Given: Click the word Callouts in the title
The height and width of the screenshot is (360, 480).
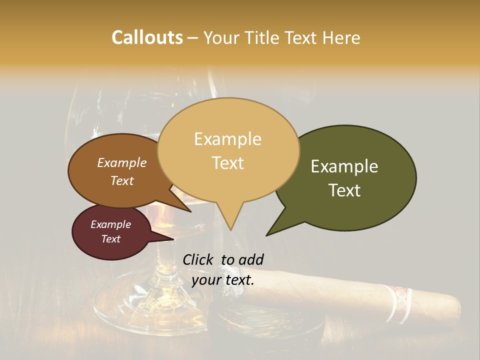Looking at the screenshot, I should tap(147, 37).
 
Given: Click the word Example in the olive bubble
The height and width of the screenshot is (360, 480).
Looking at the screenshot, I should tap(344, 166).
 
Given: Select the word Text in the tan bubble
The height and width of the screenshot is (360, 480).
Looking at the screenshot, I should tap(228, 163).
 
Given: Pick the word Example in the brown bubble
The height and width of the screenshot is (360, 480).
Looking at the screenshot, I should tap(121, 163).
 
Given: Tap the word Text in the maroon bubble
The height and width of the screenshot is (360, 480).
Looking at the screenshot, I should tap(111, 239).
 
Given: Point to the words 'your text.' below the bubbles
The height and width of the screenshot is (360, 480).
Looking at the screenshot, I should tap(223, 280).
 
